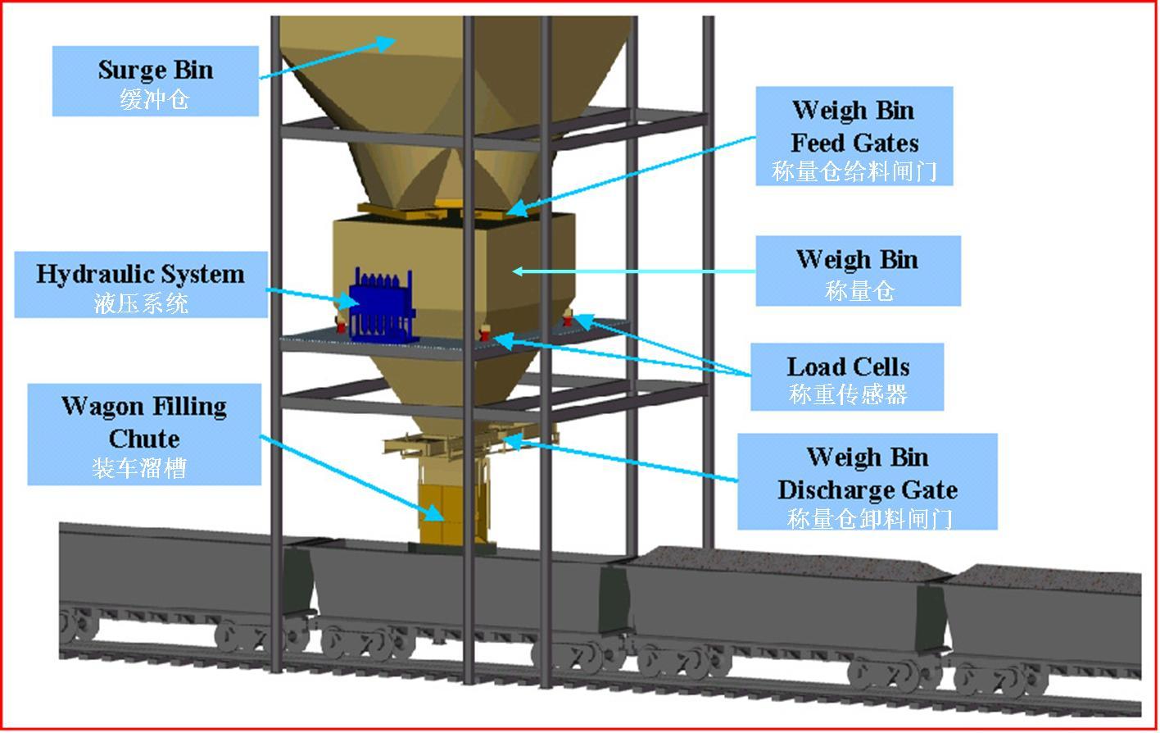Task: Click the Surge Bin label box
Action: (x=156, y=81)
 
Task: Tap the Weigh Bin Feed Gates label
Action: (x=854, y=136)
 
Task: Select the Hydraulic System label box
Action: (x=141, y=285)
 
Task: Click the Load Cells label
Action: (x=847, y=377)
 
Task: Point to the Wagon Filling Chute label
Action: (x=144, y=435)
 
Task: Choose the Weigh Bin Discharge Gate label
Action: (x=868, y=481)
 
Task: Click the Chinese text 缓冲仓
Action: (x=154, y=99)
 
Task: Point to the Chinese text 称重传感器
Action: (x=848, y=394)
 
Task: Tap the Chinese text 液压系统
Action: (x=141, y=303)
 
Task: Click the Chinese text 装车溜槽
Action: (x=139, y=469)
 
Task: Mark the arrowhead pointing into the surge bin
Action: (x=386, y=43)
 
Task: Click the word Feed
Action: (x=818, y=143)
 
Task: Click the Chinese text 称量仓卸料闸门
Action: (x=869, y=518)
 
